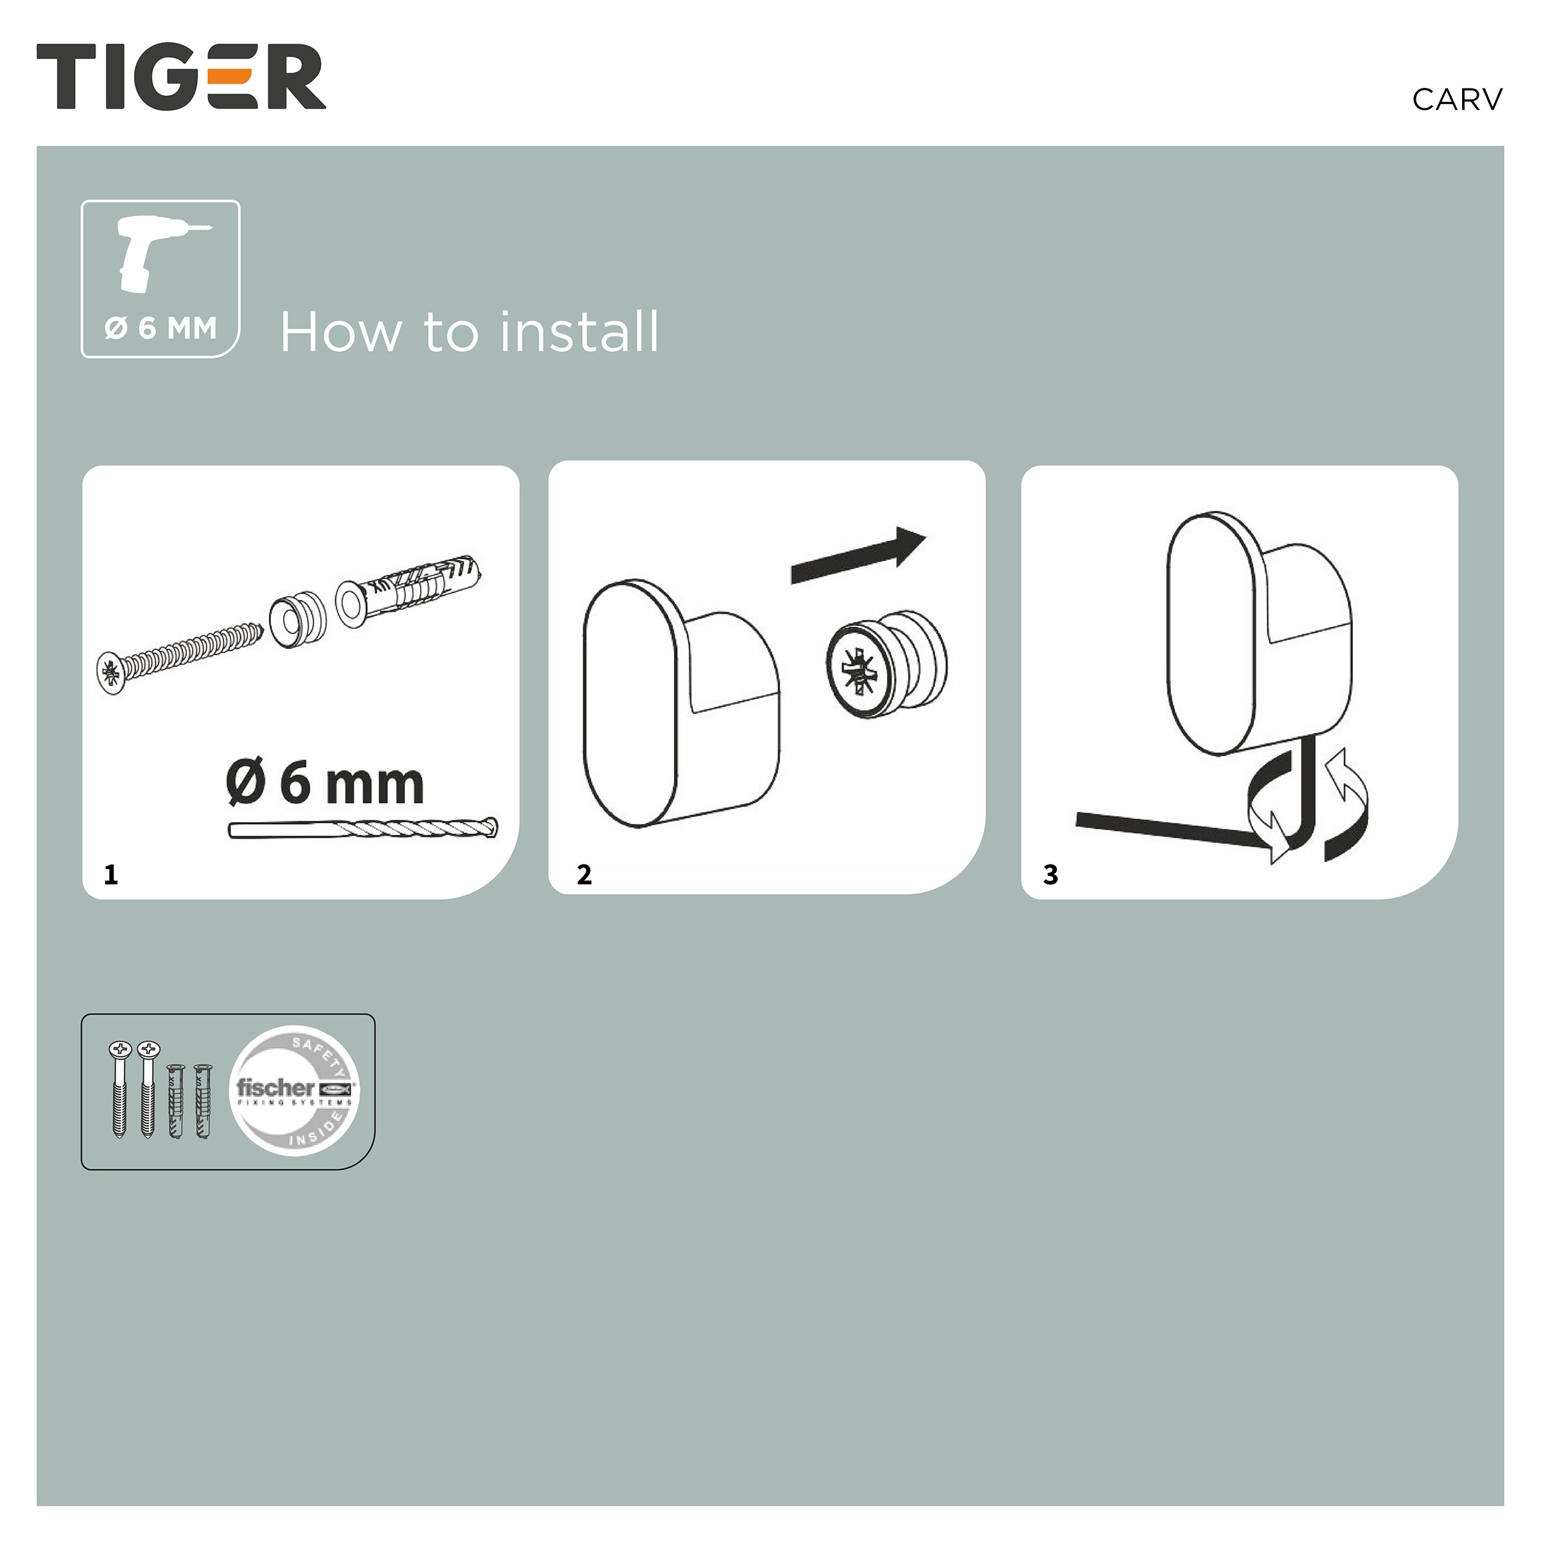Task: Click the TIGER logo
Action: tap(181, 76)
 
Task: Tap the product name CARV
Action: tap(1456, 99)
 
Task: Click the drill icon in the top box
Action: tap(160, 254)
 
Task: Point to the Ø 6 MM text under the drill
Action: tap(160, 328)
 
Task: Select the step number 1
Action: tap(111, 875)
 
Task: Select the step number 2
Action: tap(584, 875)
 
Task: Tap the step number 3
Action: tap(1051, 875)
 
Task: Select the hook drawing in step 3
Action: tap(1259, 632)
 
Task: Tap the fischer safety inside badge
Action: tap(295, 1090)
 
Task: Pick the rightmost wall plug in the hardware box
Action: tap(203, 1101)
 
